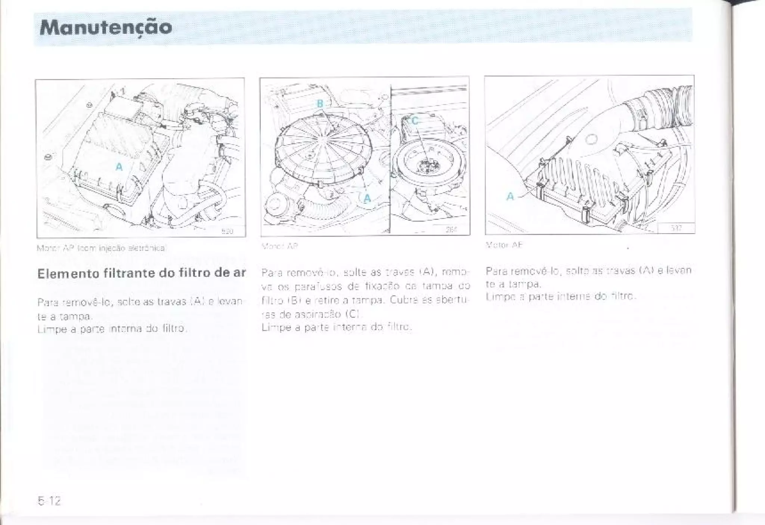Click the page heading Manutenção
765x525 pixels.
106,27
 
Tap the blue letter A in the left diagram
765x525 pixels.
119,167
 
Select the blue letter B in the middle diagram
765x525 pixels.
320,104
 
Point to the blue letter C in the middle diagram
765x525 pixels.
414,121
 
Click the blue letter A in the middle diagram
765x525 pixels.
367,198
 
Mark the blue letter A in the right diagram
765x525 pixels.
510,196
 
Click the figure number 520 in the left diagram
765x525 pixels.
227,231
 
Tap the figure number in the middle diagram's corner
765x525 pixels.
452,230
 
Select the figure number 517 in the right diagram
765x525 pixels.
676,228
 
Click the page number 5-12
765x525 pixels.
49,500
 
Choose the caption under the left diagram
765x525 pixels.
101,248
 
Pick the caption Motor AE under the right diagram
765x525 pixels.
504,245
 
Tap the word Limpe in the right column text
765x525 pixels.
498,296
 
